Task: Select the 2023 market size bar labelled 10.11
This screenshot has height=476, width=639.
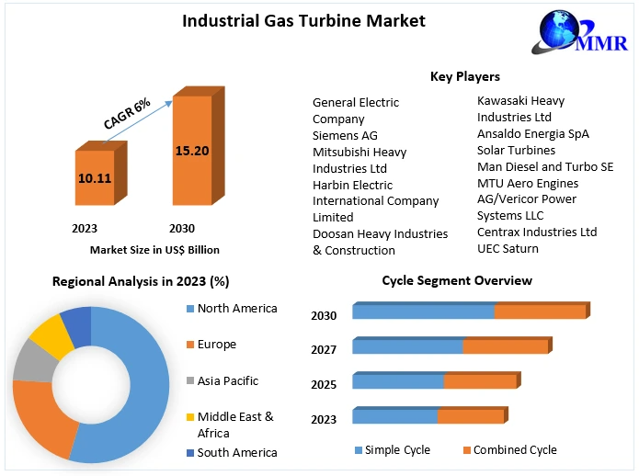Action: [x=94, y=177]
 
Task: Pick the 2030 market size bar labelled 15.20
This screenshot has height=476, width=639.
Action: [x=191, y=149]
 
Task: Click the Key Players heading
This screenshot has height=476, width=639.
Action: [x=464, y=76]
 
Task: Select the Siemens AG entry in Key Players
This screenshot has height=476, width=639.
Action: [x=345, y=135]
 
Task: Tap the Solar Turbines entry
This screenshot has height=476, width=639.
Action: [x=516, y=150]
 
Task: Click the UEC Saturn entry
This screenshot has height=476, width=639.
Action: [x=508, y=248]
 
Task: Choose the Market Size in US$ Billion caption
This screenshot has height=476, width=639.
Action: [x=154, y=249]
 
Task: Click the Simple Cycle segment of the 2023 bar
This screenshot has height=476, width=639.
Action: [x=394, y=416]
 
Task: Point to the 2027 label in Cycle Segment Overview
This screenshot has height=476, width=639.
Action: [x=324, y=349]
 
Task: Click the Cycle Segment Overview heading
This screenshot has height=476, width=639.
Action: [x=457, y=280]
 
